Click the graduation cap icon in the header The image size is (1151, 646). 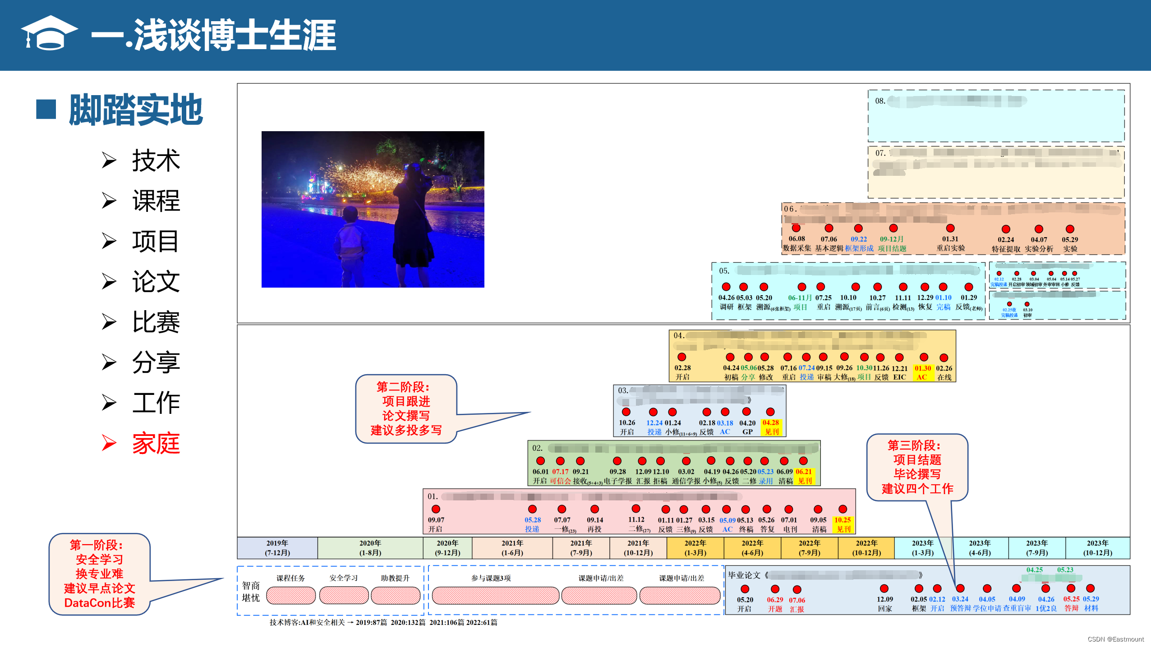pos(49,33)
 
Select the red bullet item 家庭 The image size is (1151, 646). pos(156,443)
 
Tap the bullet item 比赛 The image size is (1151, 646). pos(156,322)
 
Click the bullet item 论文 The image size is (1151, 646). pos(156,282)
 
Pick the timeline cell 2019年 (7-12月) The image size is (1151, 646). pos(277,548)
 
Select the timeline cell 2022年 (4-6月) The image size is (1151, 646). pos(752,548)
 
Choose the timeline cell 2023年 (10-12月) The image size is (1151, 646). pos(1097,548)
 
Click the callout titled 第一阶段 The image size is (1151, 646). pos(99,573)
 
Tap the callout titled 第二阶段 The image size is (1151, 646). pos(406,408)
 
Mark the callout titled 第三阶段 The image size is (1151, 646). pos(917,467)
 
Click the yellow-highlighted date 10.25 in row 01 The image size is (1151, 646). pos(842,520)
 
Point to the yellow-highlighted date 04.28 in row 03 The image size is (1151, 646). pos(770,423)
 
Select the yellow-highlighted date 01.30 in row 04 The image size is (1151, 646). pos(923,368)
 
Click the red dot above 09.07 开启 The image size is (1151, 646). pos(436,509)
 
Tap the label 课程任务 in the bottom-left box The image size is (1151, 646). pos(290,578)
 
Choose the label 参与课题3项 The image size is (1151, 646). pos(491,578)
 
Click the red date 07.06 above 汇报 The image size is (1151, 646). pos(796,600)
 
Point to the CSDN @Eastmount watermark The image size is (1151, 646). pos(1115,639)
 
